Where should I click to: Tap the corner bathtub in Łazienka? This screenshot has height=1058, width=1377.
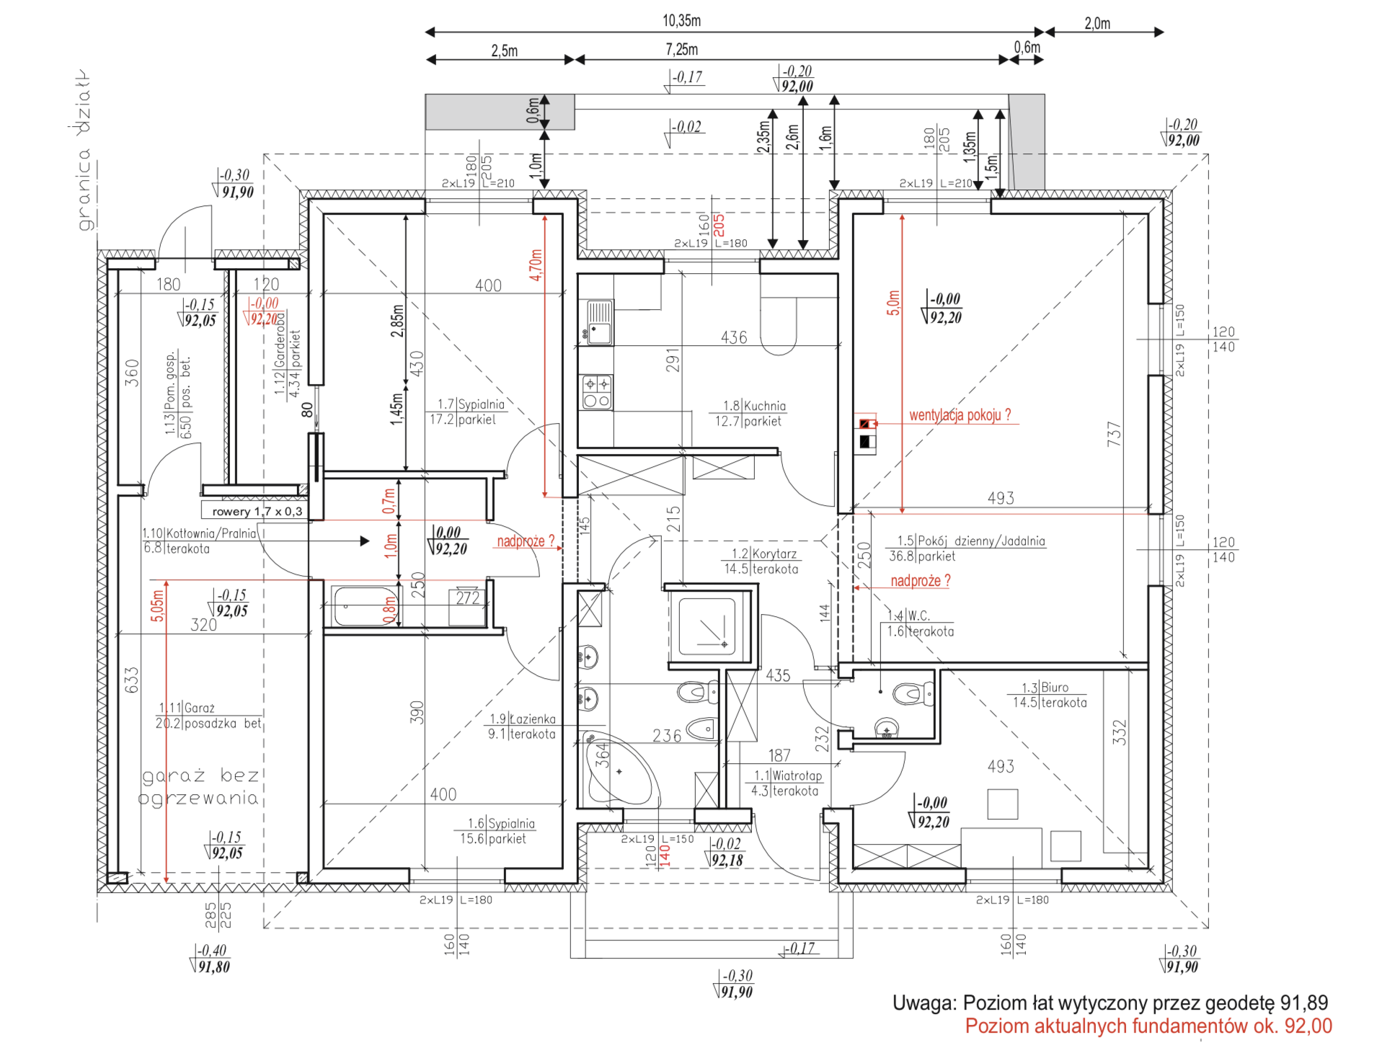(x=618, y=773)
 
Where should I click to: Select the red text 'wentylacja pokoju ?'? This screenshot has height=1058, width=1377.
(x=960, y=415)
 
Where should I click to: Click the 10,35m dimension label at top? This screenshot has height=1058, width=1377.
(x=681, y=21)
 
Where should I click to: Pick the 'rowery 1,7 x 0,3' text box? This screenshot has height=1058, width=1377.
(x=257, y=511)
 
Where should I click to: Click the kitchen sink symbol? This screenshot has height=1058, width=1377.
(x=599, y=323)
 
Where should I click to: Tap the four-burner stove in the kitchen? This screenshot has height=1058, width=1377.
(x=596, y=393)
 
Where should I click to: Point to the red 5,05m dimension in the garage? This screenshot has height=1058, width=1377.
(x=158, y=605)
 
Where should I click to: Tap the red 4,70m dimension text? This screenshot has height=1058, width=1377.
(x=536, y=265)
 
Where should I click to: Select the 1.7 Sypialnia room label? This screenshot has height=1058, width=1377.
(x=469, y=412)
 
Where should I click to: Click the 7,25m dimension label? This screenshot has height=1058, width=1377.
(x=681, y=50)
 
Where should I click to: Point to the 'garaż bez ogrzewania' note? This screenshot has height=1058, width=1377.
(x=200, y=786)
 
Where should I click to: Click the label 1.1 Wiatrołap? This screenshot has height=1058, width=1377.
(x=786, y=783)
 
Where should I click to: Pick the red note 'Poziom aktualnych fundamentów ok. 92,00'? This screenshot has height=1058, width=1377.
(x=1148, y=1026)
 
